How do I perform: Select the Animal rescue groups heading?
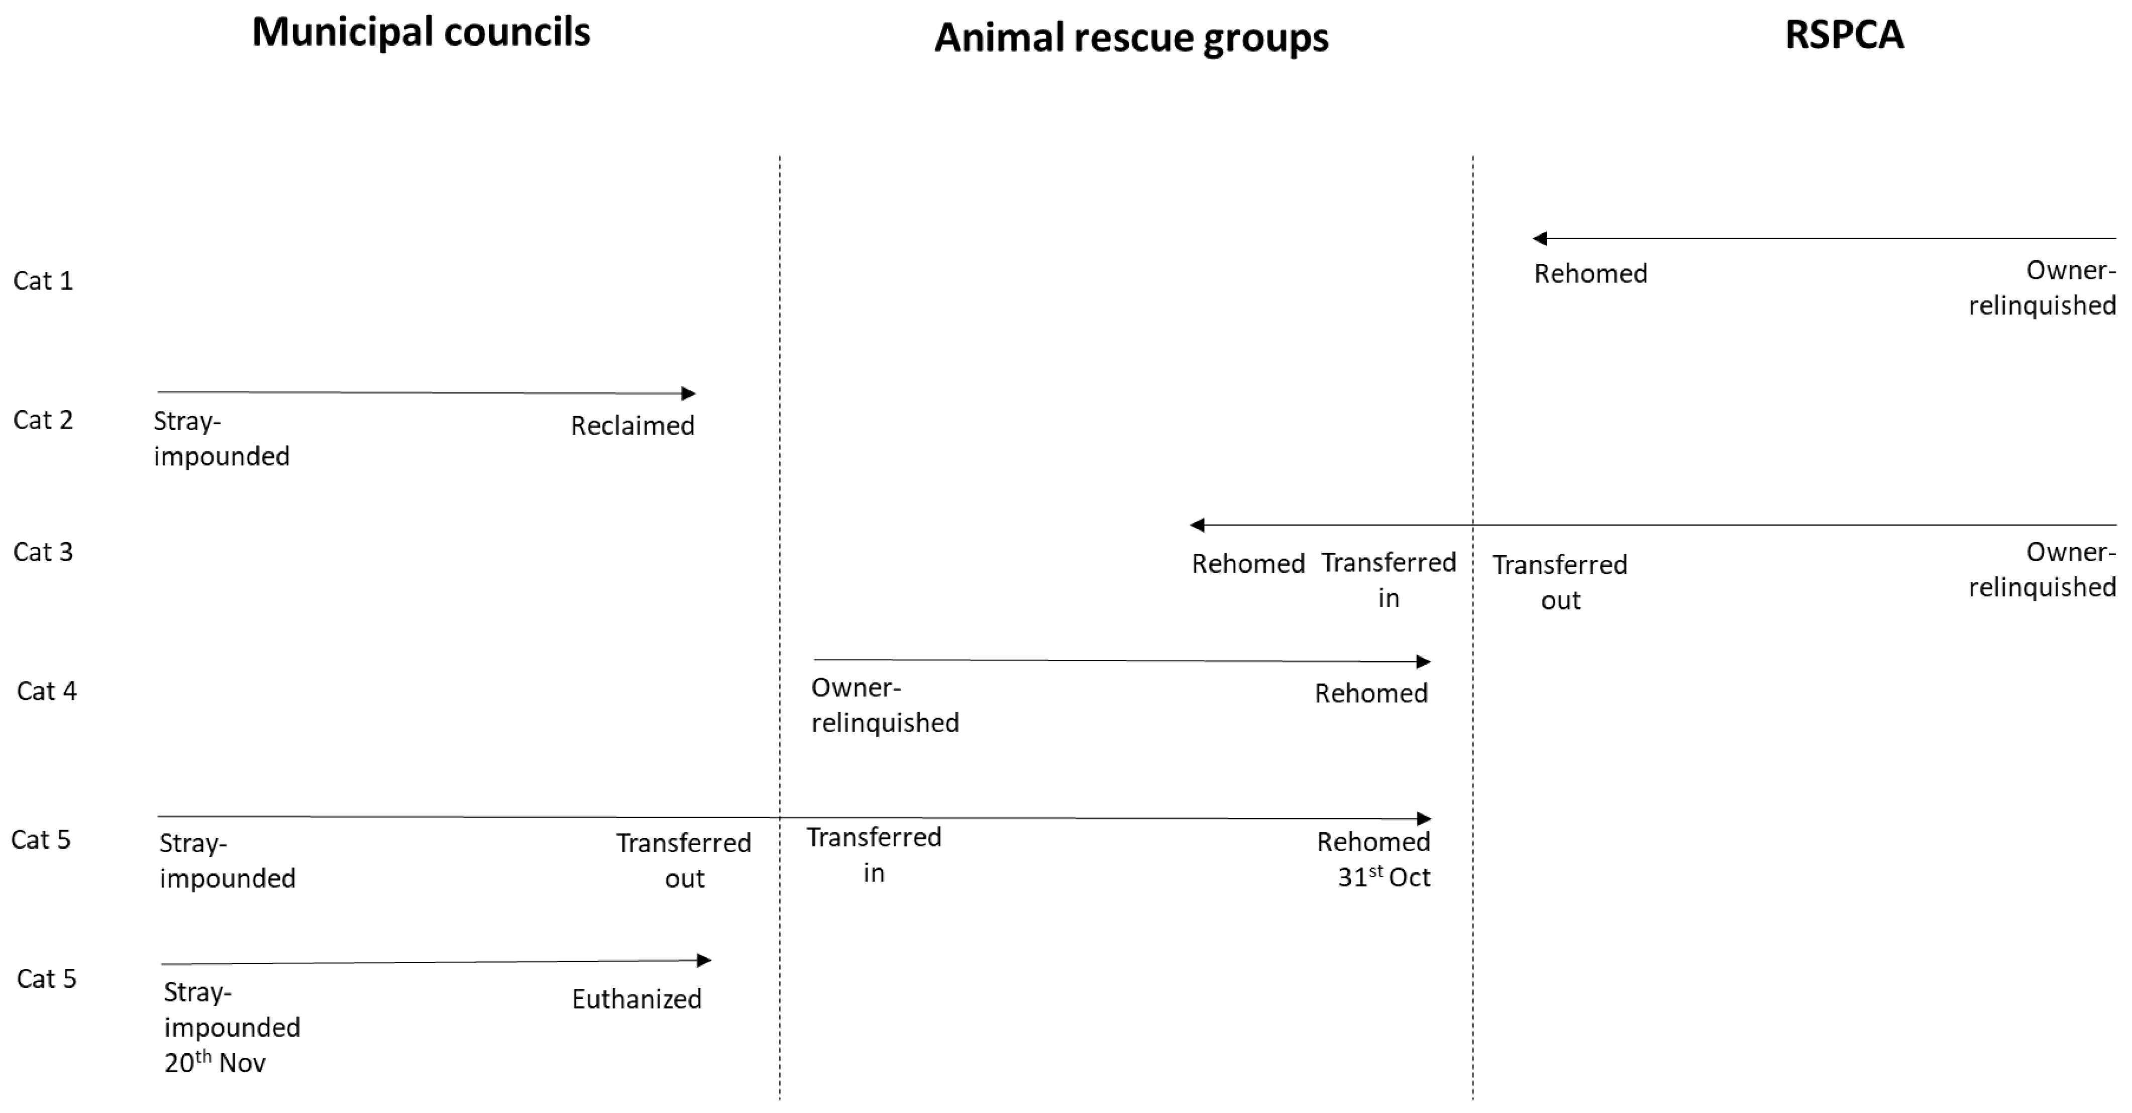pyautogui.click(x=1131, y=38)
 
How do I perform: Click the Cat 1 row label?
pyautogui.click(x=43, y=281)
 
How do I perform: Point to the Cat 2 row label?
pyautogui.click(x=43, y=420)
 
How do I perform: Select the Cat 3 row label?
pyautogui.click(x=43, y=552)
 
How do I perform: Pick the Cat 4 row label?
pyautogui.click(x=46, y=690)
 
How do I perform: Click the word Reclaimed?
pyautogui.click(x=632, y=426)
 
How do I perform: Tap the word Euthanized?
pyautogui.click(x=636, y=999)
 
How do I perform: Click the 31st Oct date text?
pyautogui.click(x=1384, y=877)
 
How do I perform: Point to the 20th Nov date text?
pyautogui.click(x=215, y=1062)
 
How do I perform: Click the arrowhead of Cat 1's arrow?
pyautogui.click(x=1539, y=239)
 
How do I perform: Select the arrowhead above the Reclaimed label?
pyautogui.click(x=689, y=393)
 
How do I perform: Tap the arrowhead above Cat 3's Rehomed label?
pyautogui.click(x=1197, y=524)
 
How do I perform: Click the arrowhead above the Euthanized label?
pyautogui.click(x=704, y=961)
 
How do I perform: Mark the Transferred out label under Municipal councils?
pyautogui.click(x=684, y=860)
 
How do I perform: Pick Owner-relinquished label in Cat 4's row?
pyautogui.click(x=885, y=705)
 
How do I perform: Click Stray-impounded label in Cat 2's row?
pyautogui.click(x=221, y=439)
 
